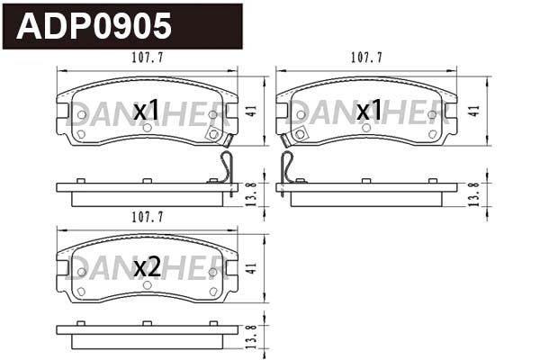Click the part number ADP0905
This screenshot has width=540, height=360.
pyautogui.click(x=95, y=26)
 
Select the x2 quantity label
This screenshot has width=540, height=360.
pyautogui.click(x=147, y=266)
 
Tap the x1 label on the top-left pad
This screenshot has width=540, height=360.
pyautogui.click(x=146, y=111)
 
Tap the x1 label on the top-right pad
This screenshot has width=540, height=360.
pyautogui.click(x=369, y=111)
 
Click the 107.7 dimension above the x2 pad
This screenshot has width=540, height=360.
pyautogui.click(x=147, y=217)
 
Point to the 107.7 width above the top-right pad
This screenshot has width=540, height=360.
pyautogui.click(x=366, y=57)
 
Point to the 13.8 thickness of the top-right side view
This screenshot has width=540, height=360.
pyautogui.click(x=473, y=192)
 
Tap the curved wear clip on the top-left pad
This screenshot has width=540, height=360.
pyautogui.click(x=227, y=166)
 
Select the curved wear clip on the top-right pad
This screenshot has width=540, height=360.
pyautogui.click(x=287, y=166)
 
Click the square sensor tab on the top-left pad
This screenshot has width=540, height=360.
pyautogui.click(x=214, y=134)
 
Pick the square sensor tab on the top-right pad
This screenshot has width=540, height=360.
pyautogui.click(x=300, y=134)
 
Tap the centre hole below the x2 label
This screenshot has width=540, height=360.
pyautogui.click(x=147, y=283)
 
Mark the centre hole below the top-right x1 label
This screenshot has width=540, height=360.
pyautogui.click(x=366, y=127)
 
